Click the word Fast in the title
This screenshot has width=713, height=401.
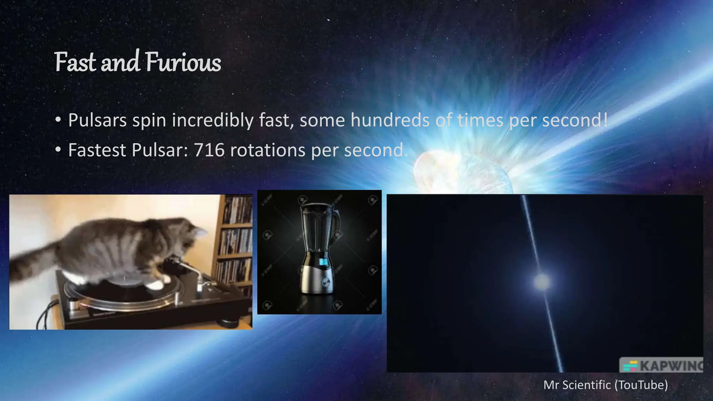75,63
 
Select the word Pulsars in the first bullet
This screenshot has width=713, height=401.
97,120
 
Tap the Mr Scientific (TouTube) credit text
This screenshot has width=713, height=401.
605,385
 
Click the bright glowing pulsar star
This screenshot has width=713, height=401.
542,281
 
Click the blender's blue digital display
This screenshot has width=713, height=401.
323,262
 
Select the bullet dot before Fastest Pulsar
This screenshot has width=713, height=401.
58,150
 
